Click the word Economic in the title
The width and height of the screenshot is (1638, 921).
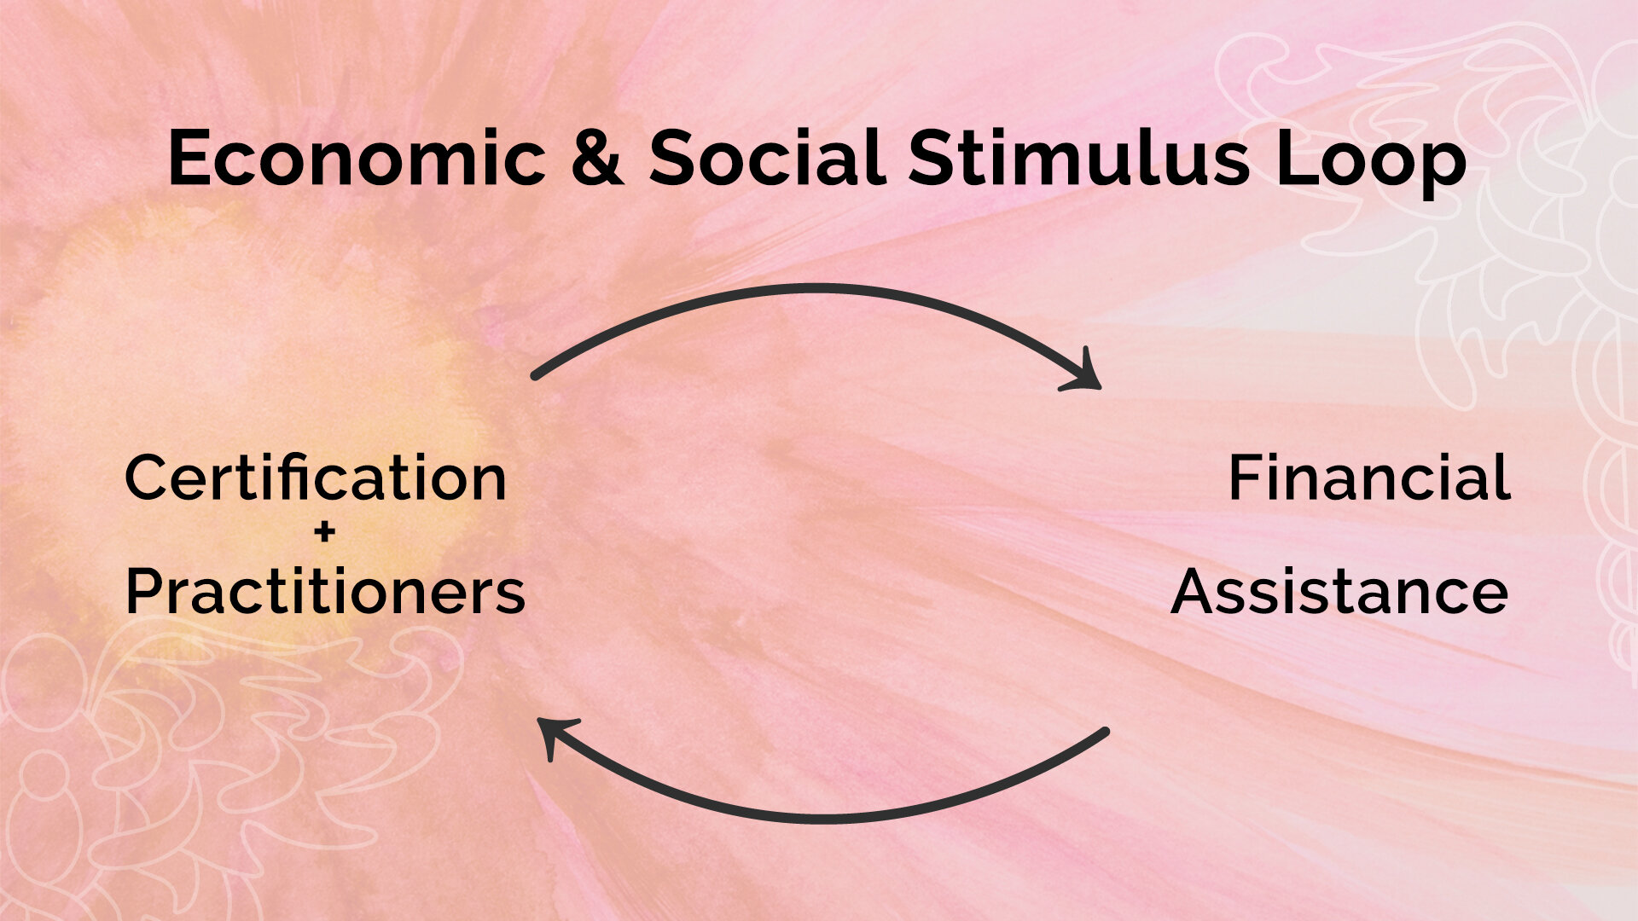(x=357, y=159)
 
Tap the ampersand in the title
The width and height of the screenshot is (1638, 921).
(x=598, y=159)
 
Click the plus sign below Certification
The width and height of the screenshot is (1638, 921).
(x=324, y=534)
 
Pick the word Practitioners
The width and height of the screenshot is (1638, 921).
(x=325, y=592)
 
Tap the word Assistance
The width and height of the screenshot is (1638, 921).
(x=1339, y=592)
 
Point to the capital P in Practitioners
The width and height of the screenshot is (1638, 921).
(x=144, y=592)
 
